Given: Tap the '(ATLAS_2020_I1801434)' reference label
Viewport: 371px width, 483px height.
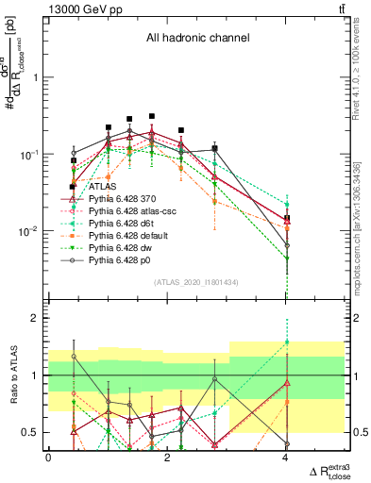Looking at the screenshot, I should point(196,282).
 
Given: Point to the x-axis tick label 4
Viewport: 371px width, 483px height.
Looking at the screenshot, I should point(286,458).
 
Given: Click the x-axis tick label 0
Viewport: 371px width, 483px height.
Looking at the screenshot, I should point(48,458).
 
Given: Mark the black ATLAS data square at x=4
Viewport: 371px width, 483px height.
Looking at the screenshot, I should point(287,218).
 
